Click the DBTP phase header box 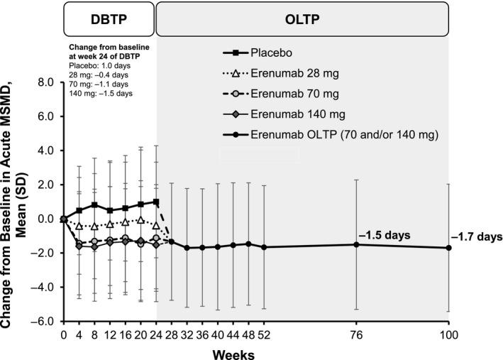click(110, 18)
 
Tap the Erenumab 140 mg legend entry click(298, 114)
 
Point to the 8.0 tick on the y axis click(45, 82)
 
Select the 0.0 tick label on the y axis click(45, 219)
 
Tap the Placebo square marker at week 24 click(156, 202)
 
